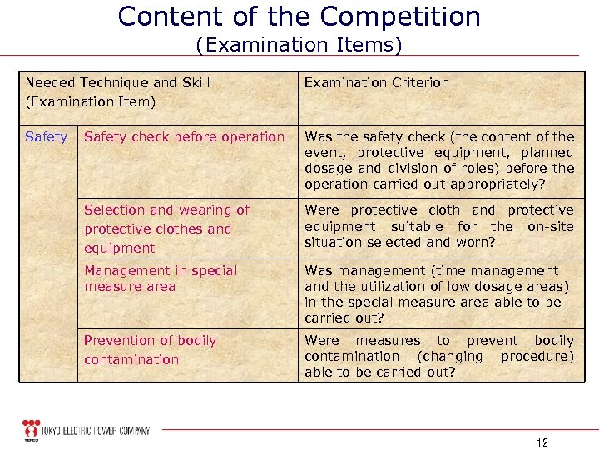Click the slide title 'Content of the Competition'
click(299, 17)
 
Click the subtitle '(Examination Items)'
click(299, 44)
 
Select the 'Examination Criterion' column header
click(377, 82)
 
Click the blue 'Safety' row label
click(47, 136)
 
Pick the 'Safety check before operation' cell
click(184, 136)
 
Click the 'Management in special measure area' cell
click(161, 279)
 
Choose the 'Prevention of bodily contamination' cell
click(150, 350)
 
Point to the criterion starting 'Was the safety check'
click(439, 160)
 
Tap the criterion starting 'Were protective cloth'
click(439, 226)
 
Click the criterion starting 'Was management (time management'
click(437, 294)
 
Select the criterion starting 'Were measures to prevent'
click(439, 356)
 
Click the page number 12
click(542, 442)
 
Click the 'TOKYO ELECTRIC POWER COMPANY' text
click(97, 431)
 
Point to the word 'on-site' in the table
click(551, 226)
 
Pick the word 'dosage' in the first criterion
click(327, 168)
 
